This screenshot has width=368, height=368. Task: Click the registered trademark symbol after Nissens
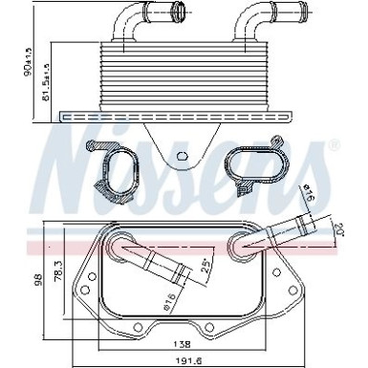click(x=334, y=145)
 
